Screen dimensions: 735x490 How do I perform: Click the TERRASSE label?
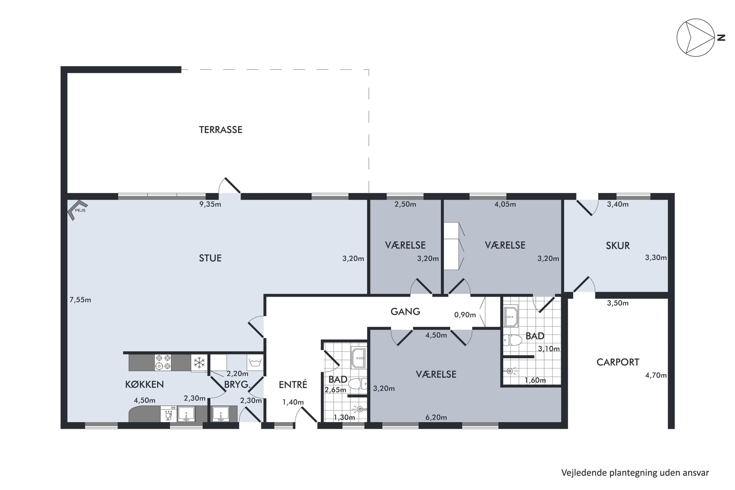click(x=221, y=130)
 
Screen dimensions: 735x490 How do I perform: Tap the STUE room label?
click(x=210, y=258)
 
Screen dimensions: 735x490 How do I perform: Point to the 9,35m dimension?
click(x=210, y=204)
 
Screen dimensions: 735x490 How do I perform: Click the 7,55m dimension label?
click(x=80, y=300)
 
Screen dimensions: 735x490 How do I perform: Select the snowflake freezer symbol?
click(x=199, y=363)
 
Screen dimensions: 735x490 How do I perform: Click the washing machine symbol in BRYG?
click(x=255, y=363)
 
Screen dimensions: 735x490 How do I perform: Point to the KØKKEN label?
click(x=144, y=385)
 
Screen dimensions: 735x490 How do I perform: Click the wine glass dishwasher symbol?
click(x=169, y=414)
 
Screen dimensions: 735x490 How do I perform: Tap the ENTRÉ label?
click(x=293, y=385)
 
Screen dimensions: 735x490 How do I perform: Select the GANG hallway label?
click(x=405, y=312)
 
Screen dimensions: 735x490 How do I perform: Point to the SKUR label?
click(x=618, y=246)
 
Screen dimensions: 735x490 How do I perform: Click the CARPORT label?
click(x=618, y=362)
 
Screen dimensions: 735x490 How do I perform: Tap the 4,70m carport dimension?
click(x=656, y=375)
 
